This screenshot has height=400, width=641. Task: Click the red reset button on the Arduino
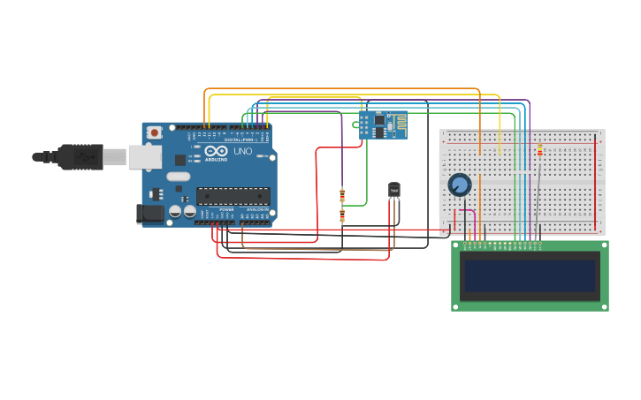pyautogui.click(x=155, y=132)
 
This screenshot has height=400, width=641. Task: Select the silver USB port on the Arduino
pyautogui.click(x=144, y=157)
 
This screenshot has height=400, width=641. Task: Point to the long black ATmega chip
pyautogui.click(x=233, y=196)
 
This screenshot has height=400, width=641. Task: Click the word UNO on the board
pyautogui.click(x=242, y=151)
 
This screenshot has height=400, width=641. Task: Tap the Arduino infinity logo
pyautogui.click(x=216, y=151)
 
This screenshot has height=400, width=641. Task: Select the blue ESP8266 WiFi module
pyautogui.click(x=384, y=125)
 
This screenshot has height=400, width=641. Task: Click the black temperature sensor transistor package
pyautogui.click(x=393, y=190)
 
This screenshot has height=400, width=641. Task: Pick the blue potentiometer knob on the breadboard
pyautogui.click(x=460, y=185)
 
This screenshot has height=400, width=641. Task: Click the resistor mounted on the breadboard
pyautogui.click(x=540, y=149)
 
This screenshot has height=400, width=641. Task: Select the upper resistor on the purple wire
pyautogui.click(x=342, y=195)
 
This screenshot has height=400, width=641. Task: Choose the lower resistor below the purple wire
pyautogui.click(x=342, y=215)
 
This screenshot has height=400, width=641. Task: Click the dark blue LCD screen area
pyautogui.click(x=530, y=275)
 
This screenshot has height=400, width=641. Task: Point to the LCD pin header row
pyautogui.click(x=502, y=243)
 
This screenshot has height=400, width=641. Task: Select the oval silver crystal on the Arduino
pyautogui.click(x=179, y=176)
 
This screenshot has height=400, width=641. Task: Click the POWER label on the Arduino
pyautogui.click(x=226, y=209)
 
